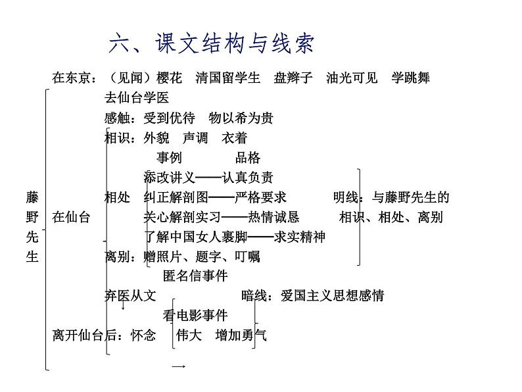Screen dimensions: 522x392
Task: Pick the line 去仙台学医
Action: point(137,99)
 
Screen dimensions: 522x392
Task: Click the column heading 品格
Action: point(248,158)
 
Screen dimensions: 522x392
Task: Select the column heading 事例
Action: point(169,158)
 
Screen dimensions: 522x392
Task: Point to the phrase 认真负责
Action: point(247,178)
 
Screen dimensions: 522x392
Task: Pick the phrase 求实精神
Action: point(299,237)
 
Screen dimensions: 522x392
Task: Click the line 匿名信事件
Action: point(195,276)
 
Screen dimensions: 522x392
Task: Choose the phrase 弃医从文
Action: point(130,296)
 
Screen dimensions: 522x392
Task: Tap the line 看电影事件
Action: point(195,316)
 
